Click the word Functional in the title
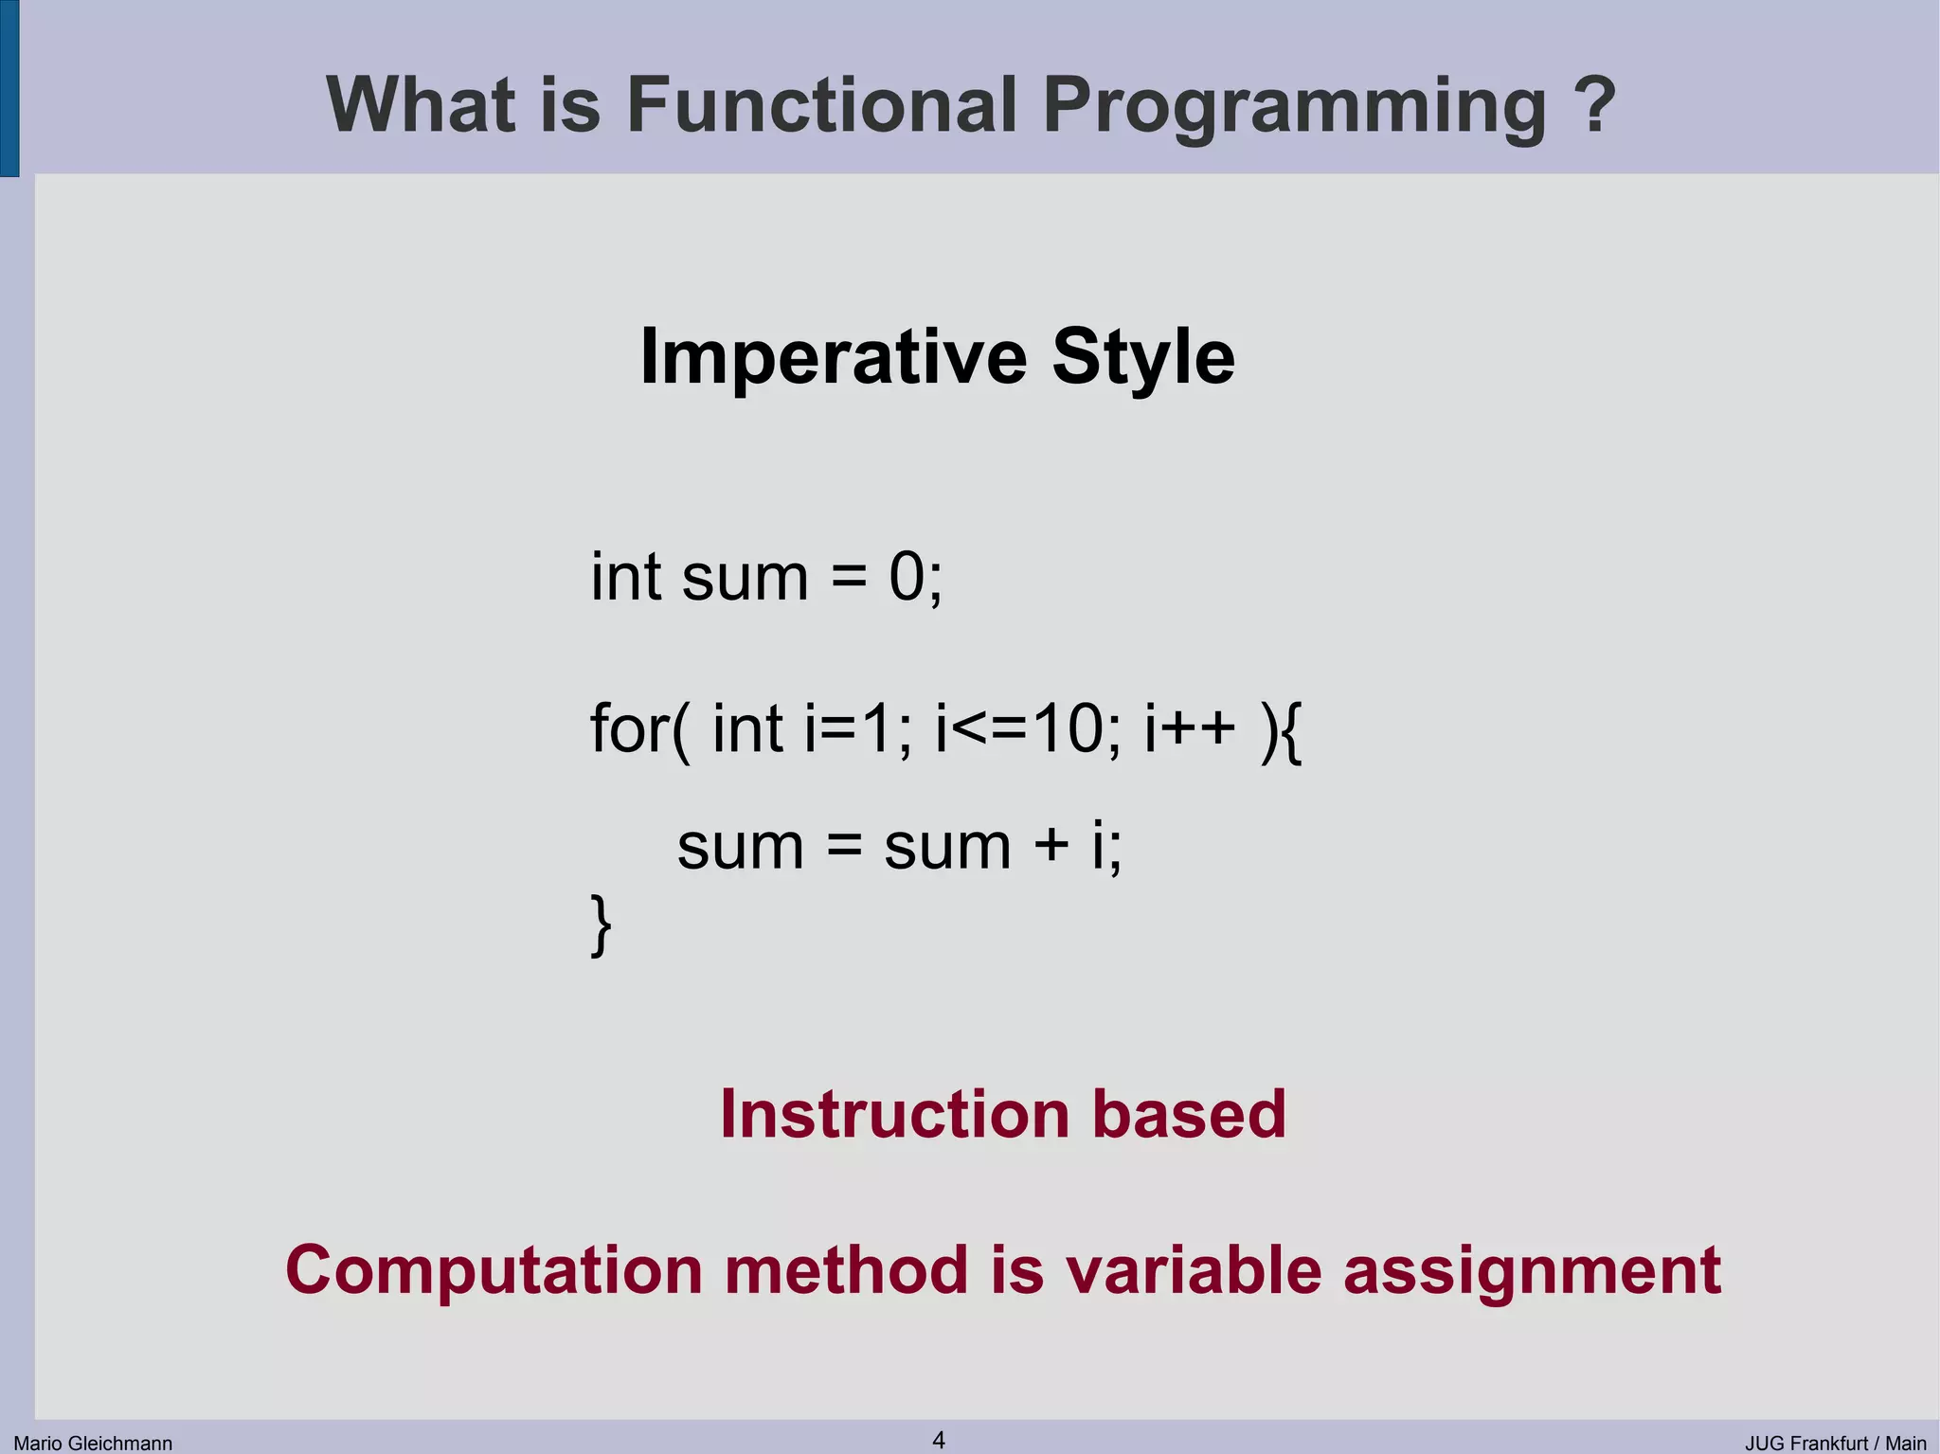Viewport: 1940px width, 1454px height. pyautogui.click(x=822, y=104)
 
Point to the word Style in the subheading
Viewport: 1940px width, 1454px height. pyautogui.click(x=1142, y=358)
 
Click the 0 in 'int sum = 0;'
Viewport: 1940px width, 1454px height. pyautogui.click(x=907, y=577)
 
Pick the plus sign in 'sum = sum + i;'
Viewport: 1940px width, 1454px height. pyautogui.click(x=1051, y=845)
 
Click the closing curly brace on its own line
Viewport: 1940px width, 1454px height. pyautogui.click(x=601, y=925)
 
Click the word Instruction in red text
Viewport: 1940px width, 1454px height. pyautogui.click(x=894, y=1114)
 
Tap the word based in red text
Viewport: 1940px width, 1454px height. pyautogui.click(x=1189, y=1114)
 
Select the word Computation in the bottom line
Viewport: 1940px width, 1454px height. pyautogui.click(x=494, y=1271)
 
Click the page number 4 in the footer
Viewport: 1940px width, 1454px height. pyautogui.click(x=939, y=1440)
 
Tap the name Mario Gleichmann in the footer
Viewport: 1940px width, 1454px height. pyautogui.click(x=93, y=1444)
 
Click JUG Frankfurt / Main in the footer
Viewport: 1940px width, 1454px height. pyautogui.click(x=1835, y=1444)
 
